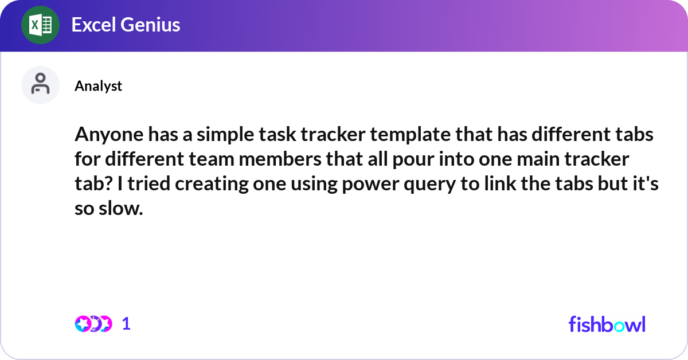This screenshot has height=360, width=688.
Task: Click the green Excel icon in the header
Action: click(x=40, y=25)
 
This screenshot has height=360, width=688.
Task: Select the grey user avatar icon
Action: click(x=40, y=85)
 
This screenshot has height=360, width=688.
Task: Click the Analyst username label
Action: click(x=98, y=86)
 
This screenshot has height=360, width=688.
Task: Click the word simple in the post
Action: click(x=218, y=136)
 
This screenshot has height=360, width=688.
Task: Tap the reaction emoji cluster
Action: click(x=93, y=324)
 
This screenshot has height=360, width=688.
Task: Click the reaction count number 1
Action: click(x=127, y=324)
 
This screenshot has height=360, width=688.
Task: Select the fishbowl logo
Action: click(x=607, y=324)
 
